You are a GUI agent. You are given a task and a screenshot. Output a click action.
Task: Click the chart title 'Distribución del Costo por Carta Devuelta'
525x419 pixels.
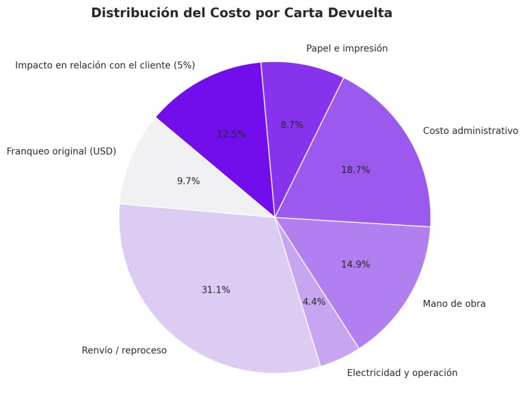click(241, 13)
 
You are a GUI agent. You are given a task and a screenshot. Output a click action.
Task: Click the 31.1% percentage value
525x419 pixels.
click(215, 290)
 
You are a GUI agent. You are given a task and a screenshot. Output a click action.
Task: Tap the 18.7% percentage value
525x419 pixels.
click(355, 170)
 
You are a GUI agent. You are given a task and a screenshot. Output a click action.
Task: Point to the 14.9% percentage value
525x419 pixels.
click(355, 265)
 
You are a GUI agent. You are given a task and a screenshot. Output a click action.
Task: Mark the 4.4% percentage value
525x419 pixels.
click(314, 301)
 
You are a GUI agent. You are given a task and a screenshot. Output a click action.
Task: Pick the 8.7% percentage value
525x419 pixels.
click(292, 125)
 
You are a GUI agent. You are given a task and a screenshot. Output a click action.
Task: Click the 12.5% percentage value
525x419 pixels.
click(231, 134)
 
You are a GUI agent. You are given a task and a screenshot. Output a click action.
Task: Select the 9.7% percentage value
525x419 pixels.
click(188, 181)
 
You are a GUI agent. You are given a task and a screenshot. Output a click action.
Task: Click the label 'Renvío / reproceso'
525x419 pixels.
click(124, 351)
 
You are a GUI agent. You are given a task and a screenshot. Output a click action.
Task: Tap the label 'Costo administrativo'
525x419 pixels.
click(470, 131)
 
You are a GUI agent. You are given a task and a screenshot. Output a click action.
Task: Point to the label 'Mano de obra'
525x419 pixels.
click(454, 303)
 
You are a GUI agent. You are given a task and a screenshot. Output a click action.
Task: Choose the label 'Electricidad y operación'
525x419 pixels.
click(402, 373)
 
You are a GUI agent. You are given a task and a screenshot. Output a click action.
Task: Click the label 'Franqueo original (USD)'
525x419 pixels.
click(61, 151)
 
